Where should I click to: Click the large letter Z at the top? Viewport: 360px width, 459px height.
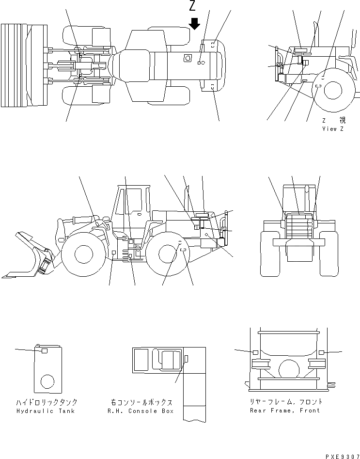pyautogui.click(x=193, y=7)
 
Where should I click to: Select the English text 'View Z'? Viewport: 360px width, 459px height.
pyautogui.click(x=333, y=129)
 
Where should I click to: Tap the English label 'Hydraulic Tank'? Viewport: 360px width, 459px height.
pyautogui.click(x=46, y=411)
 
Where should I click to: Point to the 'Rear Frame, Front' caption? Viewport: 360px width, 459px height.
pyautogui.click(x=285, y=411)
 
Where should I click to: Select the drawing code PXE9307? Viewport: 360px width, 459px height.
pyautogui.click(x=342, y=456)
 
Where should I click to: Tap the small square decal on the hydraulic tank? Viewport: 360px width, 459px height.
pyautogui.click(x=44, y=350)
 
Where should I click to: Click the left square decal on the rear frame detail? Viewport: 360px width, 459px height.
pyautogui.click(x=255, y=352)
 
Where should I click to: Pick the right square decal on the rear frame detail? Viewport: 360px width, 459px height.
pyautogui.click(x=321, y=352)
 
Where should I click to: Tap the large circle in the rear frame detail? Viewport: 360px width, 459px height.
pyautogui.click(x=289, y=369)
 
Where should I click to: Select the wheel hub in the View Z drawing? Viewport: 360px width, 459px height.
pyautogui.click(x=334, y=90)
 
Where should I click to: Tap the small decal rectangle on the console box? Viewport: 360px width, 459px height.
pyautogui.click(x=186, y=358)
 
